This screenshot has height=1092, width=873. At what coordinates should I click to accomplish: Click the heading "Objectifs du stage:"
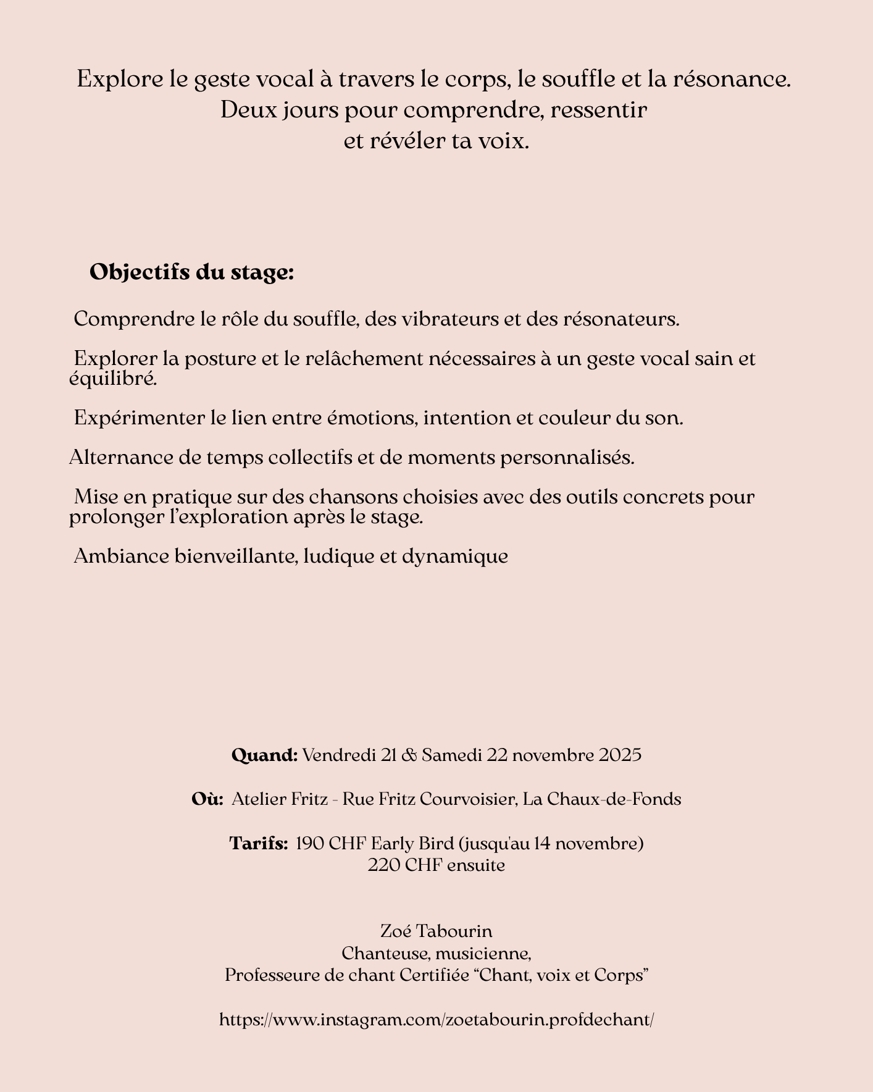click(191, 272)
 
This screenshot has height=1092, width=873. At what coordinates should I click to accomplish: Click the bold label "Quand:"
click(265, 755)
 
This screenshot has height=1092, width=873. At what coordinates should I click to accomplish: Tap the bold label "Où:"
click(207, 799)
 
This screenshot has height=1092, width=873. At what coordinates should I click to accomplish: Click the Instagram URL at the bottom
click(436, 1019)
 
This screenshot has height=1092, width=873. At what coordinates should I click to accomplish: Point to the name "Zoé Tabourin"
click(436, 930)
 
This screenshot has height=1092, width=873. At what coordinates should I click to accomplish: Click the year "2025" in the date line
click(620, 755)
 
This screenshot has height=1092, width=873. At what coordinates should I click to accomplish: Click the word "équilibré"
click(113, 379)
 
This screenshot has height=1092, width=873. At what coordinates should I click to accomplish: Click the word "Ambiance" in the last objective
click(115, 556)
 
